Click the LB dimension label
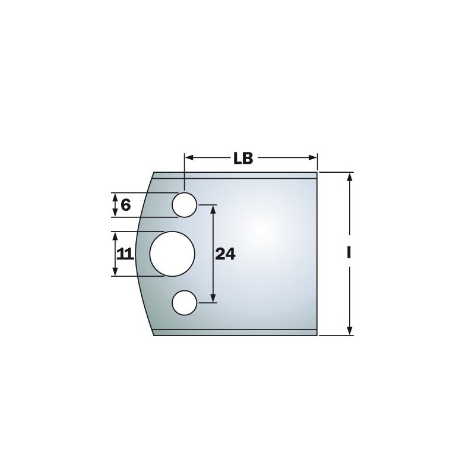(243, 158)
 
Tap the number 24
(225, 254)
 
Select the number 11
(125, 254)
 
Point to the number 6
(125, 205)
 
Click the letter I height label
(349, 252)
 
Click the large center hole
(172, 254)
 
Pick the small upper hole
(185, 204)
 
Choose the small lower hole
(185, 303)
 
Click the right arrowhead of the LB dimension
(313, 157)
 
